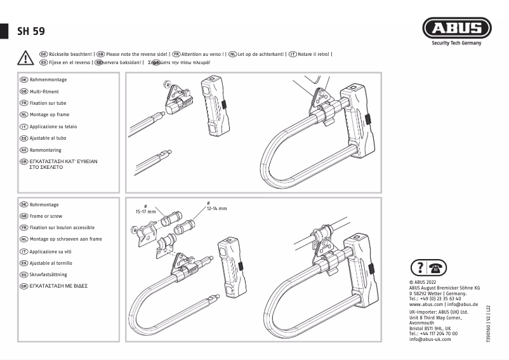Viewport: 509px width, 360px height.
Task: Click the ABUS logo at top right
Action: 456,29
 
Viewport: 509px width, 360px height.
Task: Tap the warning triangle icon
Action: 25,58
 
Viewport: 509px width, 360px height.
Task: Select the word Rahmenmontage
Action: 48,80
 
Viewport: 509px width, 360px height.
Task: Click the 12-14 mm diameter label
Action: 216,208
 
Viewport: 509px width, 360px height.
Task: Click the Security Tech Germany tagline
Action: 456,43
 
